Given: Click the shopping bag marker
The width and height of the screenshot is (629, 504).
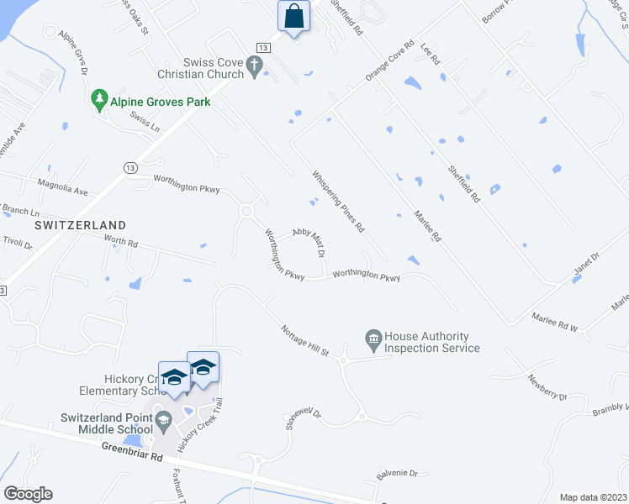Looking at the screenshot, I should (293, 16).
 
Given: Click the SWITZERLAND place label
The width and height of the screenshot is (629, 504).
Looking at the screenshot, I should (81, 225).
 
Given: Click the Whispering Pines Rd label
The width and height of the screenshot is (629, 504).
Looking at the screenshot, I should (339, 202).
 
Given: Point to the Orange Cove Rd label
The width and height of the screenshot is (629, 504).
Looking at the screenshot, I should (390, 60).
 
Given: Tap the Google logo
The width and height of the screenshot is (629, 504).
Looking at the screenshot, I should (27, 494).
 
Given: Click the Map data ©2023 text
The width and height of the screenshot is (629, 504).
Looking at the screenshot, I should (592, 497).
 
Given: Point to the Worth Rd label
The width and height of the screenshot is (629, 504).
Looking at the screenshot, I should (120, 243).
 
